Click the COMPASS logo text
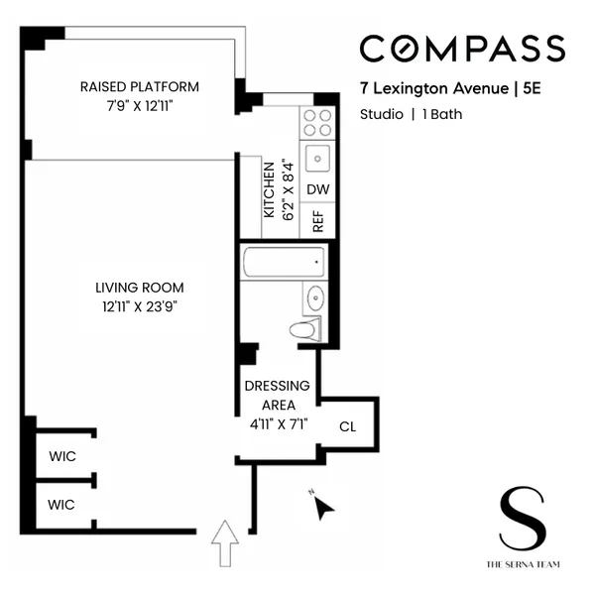tap(461, 48)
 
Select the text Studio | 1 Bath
tap(411, 114)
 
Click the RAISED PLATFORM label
tap(139, 86)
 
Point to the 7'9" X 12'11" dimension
tap(139, 105)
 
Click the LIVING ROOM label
tap(139, 288)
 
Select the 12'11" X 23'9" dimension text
tap(139, 306)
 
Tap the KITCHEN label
tap(268, 190)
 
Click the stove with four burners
tap(317, 122)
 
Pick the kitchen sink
tap(317, 157)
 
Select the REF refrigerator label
tap(318, 220)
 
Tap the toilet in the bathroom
tap(306, 330)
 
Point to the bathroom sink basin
tap(314, 297)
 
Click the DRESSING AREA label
tap(278, 395)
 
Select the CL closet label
tap(347, 427)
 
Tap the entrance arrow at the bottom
tap(226, 543)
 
